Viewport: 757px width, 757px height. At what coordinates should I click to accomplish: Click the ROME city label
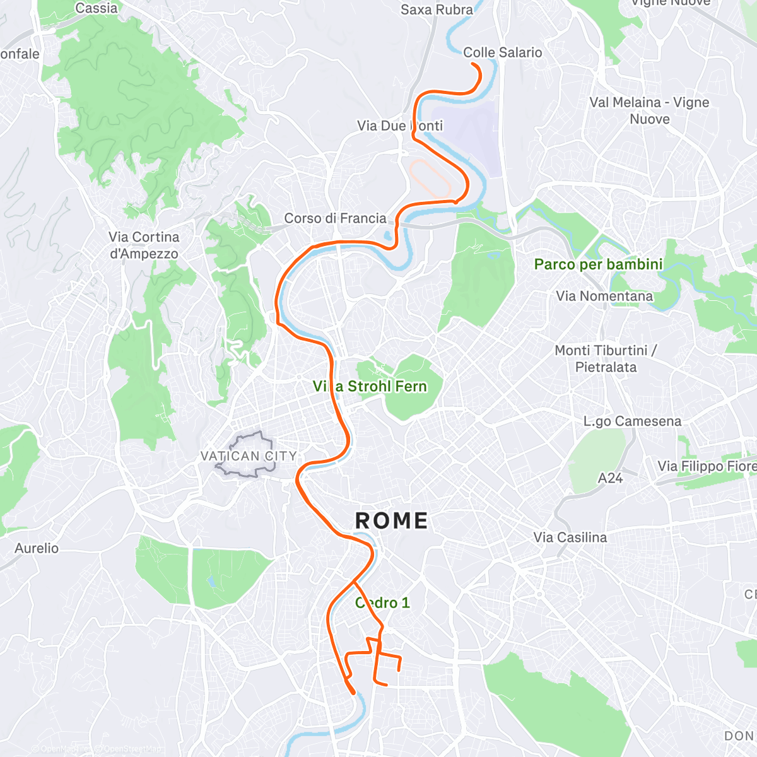[x=392, y=521]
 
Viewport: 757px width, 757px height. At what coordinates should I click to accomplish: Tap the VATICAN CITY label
[x=249, y=456]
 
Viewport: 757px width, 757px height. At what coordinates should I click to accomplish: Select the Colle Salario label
[x=503, y=52]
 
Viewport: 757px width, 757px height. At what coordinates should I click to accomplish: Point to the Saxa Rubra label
[x=437, y=9]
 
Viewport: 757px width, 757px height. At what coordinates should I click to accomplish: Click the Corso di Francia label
[x=335, y=218]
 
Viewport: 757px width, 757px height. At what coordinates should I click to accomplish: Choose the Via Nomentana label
[x=604, y=296]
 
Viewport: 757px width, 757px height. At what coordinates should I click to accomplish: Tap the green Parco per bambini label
[x=598, y=264]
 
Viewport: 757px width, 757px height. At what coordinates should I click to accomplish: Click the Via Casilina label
[x=570, y=537]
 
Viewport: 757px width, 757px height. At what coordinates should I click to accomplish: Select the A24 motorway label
[x=610, y=479]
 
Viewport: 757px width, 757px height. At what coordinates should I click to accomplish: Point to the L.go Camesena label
[x=632, y=421]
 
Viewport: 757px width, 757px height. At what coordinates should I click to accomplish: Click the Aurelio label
[x=37, y=548]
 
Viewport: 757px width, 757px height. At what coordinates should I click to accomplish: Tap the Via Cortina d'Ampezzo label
[x=144, y=245]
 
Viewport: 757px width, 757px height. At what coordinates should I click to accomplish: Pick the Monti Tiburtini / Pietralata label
[x=606, y=358]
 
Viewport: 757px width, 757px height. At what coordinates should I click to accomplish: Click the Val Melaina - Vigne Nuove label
[x=649, y=110]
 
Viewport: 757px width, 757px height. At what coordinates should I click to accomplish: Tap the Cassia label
[x=96, y=8]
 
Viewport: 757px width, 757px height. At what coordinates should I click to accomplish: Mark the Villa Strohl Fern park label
[x=370, y=386]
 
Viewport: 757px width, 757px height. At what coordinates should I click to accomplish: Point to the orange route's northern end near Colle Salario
[x=473, y=64]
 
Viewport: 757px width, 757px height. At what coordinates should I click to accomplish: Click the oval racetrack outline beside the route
[x=430, y=177]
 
